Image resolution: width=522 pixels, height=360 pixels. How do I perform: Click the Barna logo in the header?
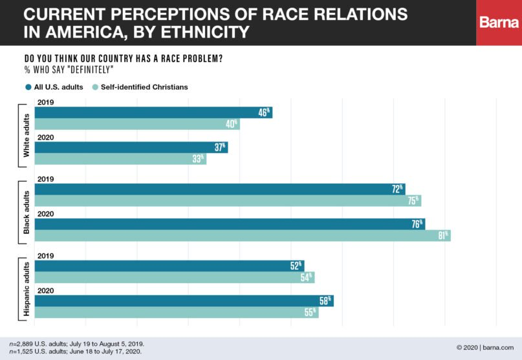point(499,23)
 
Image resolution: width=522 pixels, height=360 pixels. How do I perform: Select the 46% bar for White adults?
point(153,112)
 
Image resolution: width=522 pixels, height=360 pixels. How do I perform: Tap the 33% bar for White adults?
point(120,158)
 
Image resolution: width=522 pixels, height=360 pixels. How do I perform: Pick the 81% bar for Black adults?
point(242,235)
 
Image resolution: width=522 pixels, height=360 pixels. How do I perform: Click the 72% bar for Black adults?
point(219,189)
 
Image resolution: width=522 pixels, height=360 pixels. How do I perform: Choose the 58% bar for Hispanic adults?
point(184,301)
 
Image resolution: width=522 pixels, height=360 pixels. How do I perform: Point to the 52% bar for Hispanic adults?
point(169,266)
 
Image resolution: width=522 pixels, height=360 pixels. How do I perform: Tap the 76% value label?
point(417,224)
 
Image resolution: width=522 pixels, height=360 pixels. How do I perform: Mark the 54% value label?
point(306,277)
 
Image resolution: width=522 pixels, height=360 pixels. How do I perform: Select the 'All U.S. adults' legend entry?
point(54,87)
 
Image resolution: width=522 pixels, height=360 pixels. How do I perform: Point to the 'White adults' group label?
point(27,135)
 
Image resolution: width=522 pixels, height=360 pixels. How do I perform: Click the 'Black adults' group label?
point(27,212)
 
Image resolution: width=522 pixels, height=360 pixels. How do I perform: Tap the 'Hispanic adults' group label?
point(27,289)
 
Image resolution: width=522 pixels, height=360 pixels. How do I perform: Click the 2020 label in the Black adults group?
point(45,213)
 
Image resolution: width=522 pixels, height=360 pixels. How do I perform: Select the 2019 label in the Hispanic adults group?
point(45,255)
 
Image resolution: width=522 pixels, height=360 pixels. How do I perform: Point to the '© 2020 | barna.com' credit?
point(485,347)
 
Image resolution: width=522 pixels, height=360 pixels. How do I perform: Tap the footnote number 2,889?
point(23,343)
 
